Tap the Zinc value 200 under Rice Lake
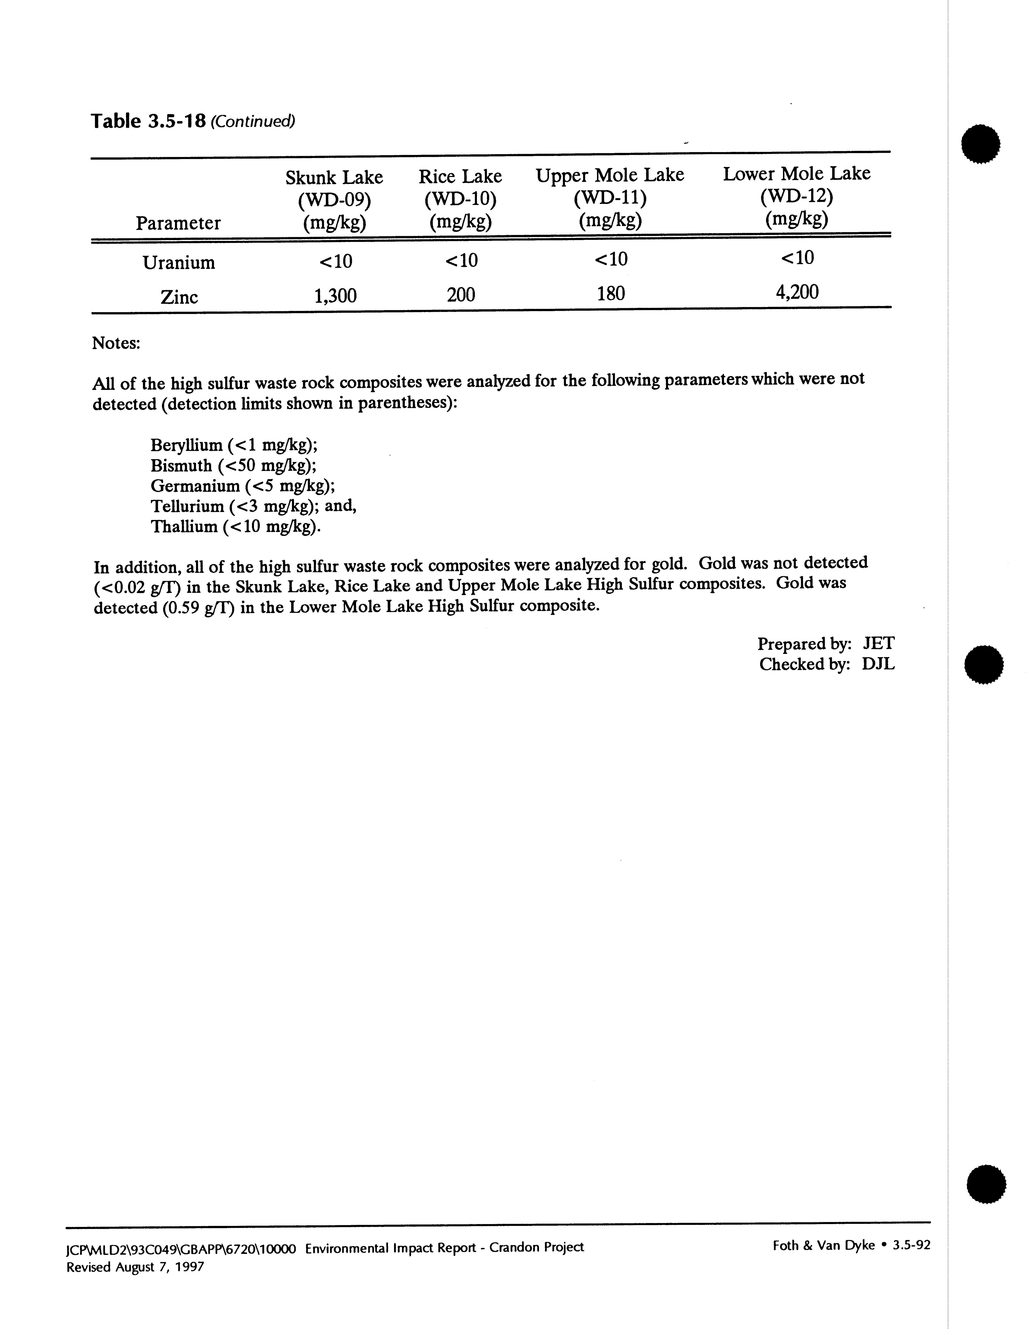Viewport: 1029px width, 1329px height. (461, 295)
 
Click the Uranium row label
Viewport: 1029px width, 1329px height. (179, 263)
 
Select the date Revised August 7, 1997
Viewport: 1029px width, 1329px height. (135, 1267)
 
